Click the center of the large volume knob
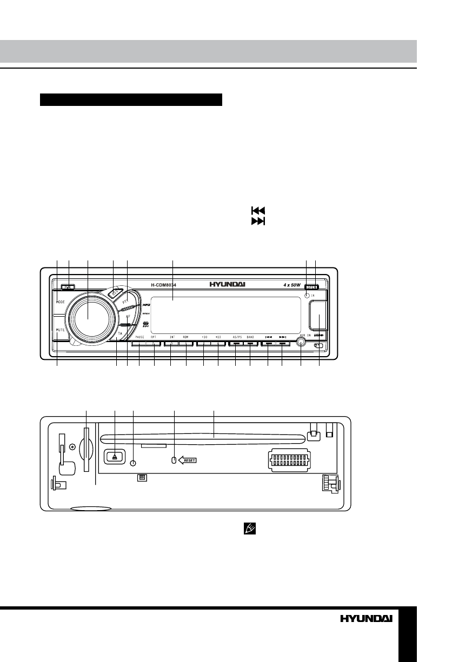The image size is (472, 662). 88,317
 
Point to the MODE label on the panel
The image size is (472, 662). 60,302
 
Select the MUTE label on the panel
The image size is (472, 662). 60,329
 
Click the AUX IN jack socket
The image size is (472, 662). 301,342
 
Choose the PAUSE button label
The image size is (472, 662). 138,337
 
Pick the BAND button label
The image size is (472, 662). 250,337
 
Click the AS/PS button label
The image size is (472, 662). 237,337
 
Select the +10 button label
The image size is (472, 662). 218,337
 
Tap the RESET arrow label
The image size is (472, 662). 188,460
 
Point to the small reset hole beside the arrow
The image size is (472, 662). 174,460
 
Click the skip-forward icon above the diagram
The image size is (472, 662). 257,222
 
